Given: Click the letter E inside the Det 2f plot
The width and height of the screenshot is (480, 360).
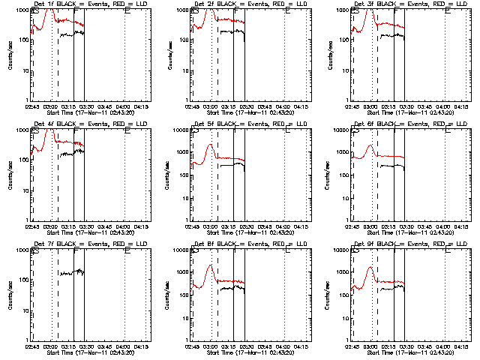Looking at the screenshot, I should [288, 11].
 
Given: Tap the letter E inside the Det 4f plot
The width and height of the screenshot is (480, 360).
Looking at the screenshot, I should [127, 131].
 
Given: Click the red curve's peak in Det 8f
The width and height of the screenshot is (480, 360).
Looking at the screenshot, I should [211, 265].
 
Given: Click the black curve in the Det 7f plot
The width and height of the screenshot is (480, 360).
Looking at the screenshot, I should [73, 273].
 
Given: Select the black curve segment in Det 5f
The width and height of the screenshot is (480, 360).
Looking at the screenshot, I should [232, 164].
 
